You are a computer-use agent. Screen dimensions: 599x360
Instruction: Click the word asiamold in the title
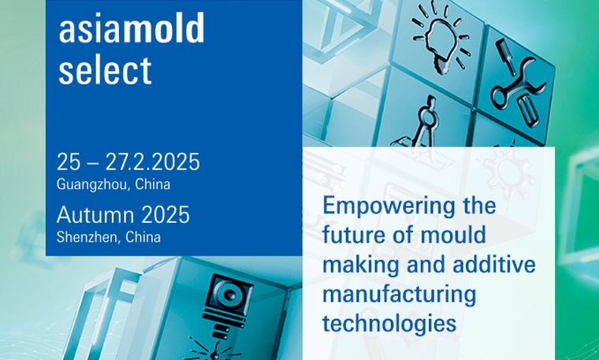(x=132, y=28)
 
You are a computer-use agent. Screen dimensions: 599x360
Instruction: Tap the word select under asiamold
(x=105, y=70)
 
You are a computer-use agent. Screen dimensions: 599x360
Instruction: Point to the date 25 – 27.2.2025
(x=128, y=161)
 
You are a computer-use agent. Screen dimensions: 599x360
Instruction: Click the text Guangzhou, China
(x=113, y=184)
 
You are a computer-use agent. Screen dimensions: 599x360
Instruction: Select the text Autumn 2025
(x=123, y=214)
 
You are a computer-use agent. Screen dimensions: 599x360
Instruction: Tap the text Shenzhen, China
(x=109, y=237)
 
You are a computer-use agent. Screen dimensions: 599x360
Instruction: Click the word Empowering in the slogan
(x=389, y=207)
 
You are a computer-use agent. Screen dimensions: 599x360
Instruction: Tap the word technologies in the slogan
(x=389, y=324)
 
